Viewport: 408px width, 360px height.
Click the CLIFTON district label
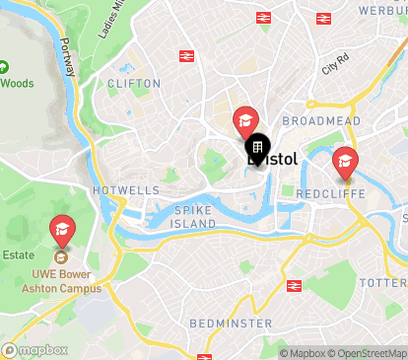coord(134,84)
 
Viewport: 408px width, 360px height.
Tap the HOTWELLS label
coord(125,189)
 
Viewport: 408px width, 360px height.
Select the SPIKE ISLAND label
coord(195,217)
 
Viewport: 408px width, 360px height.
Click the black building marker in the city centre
coord(257,149)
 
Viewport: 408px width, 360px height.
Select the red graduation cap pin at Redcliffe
coord(345,161)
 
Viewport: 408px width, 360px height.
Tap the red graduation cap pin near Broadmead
coord(244,121)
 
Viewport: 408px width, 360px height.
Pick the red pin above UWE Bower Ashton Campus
coord(62,232)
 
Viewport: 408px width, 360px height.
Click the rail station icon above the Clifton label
coord(186,55)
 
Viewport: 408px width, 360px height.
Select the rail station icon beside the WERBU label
coord(322,18)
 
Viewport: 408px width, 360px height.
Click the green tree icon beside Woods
coord(4,68)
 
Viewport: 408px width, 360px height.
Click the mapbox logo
coord(35,350)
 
